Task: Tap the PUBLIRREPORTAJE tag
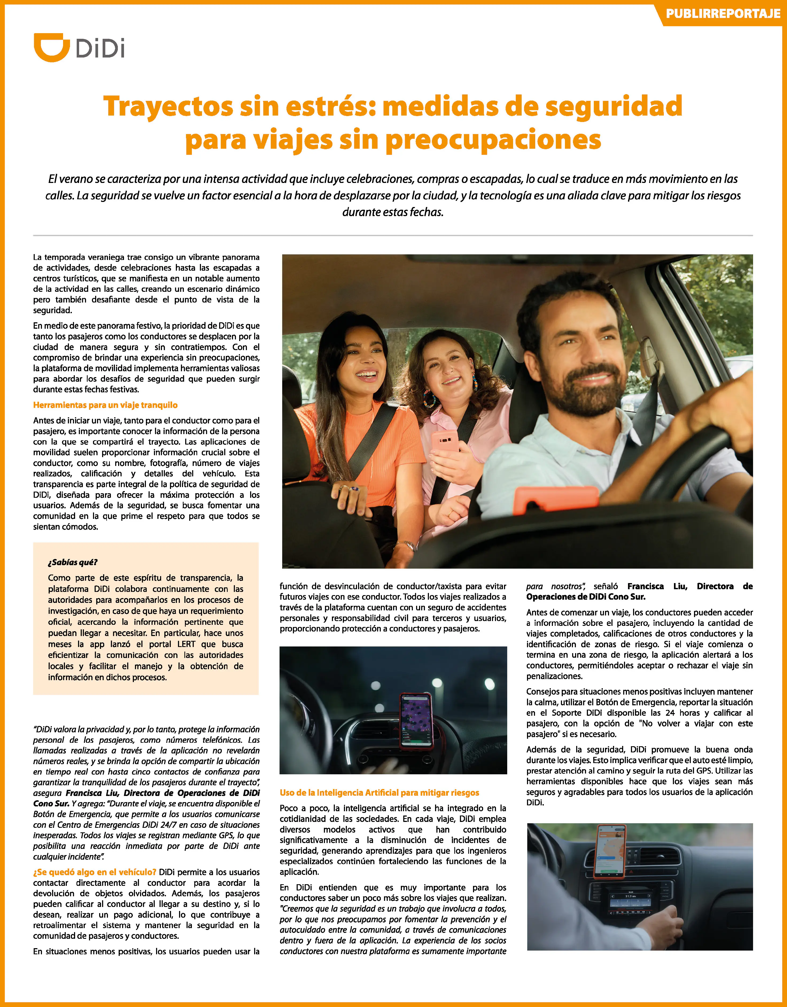(x=723, y=14)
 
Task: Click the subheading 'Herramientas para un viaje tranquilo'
(x=105, y=405)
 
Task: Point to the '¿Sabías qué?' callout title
(x=72, y=562)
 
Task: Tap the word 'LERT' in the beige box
(x=186, y=644)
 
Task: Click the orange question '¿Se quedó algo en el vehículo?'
(x=94, y=872)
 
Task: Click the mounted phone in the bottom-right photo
(x=611, y=851)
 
